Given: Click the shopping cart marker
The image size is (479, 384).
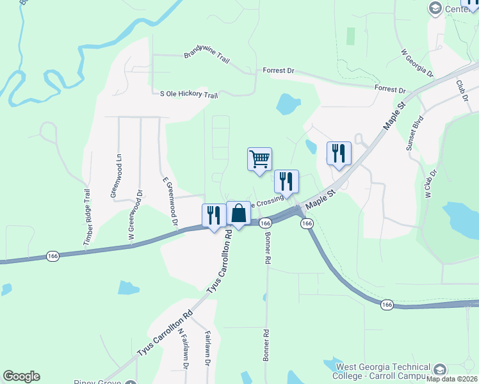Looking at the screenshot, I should [259, 159].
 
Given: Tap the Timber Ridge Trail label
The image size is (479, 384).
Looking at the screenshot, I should [88, 217].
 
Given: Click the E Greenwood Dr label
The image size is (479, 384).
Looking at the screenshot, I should [169, 202].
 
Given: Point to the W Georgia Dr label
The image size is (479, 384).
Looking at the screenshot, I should [417, 63].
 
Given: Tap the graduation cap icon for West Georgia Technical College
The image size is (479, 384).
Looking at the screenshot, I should [440, 370].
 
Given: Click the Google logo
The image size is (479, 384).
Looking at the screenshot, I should [21, 376].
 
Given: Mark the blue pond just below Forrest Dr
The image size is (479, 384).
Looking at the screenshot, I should [288, 103].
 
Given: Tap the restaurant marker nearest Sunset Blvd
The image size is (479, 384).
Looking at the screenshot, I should [339, 153].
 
